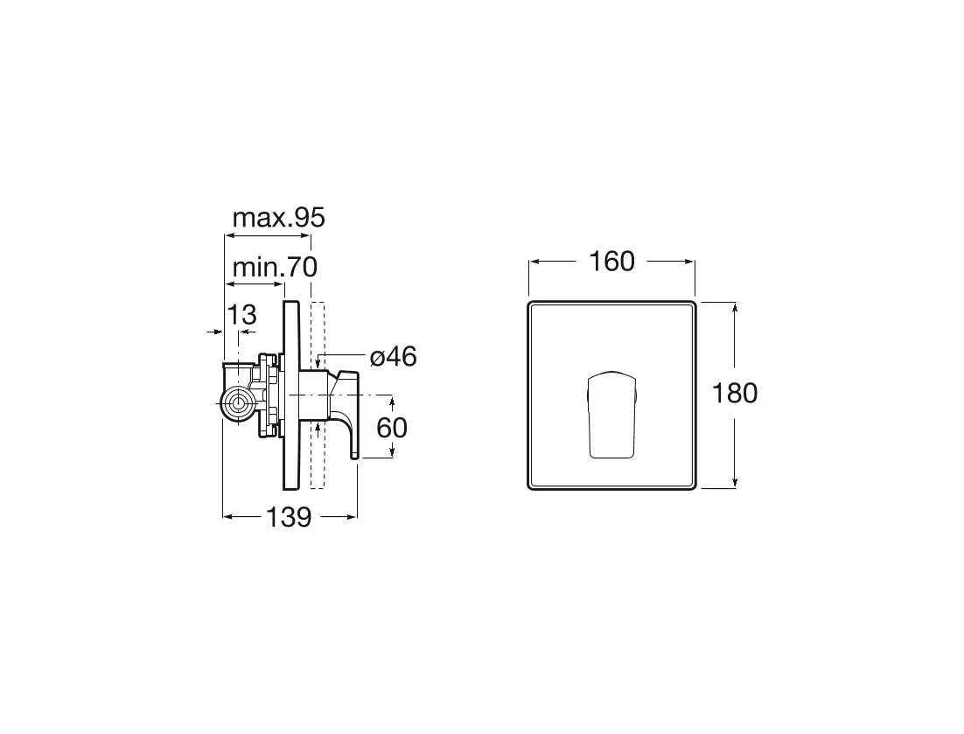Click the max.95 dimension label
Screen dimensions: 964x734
point(278,217)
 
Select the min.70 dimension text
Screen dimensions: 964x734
point(275,268)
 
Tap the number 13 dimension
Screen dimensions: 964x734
point(241,315)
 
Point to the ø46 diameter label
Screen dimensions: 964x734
point(394,357)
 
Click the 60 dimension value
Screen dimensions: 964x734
point(392,428)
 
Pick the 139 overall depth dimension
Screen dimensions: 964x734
point(289,517)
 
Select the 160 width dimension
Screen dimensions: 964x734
point(611,262)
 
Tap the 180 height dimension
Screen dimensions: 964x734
point(735,394)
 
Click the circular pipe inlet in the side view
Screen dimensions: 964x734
point(238,404)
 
